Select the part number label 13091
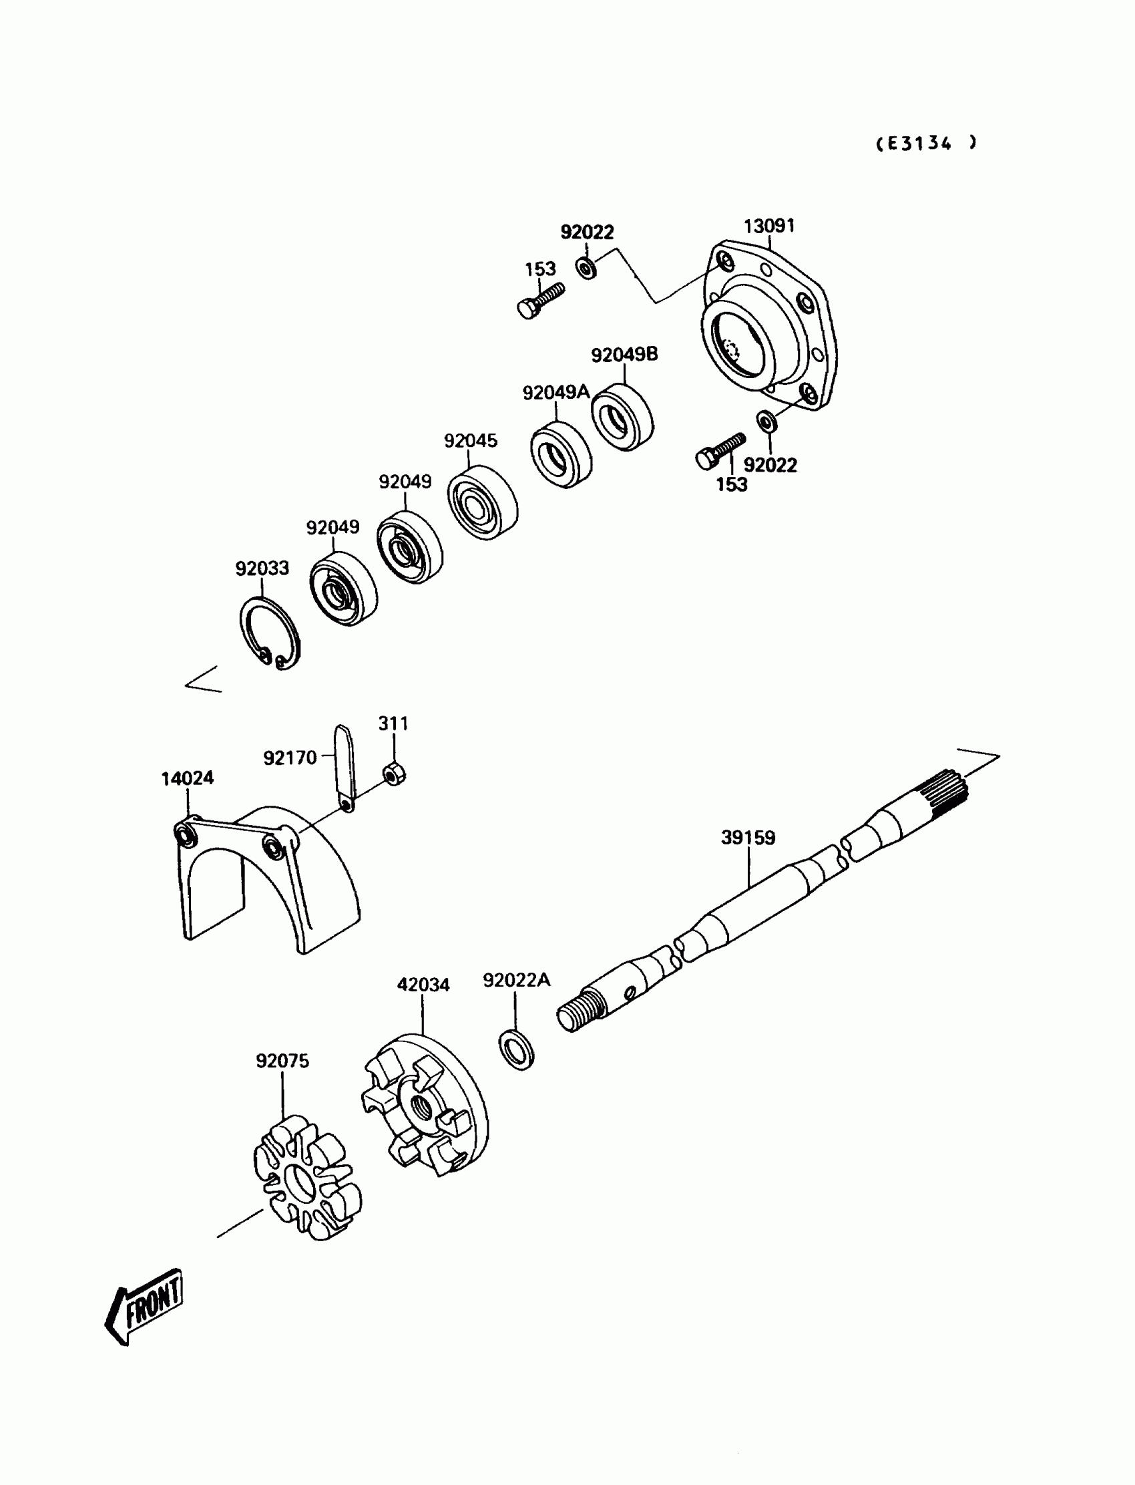click(x=769, y=226)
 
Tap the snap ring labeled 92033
click(x=270, y=634)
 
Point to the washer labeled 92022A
click(x=517, y=1049)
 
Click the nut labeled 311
click(x=393, y=774)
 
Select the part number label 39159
click(x=748, y=838)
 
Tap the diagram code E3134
click(x=925, y=144)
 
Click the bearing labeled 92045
click(x=482, y=502)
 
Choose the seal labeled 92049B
click(x=622, y=417)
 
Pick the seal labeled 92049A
click(x=561, y=455)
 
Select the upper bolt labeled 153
click(x=541, y=300)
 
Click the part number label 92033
click(x=262, y=568)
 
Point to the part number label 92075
click(x=282, y=1061)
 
